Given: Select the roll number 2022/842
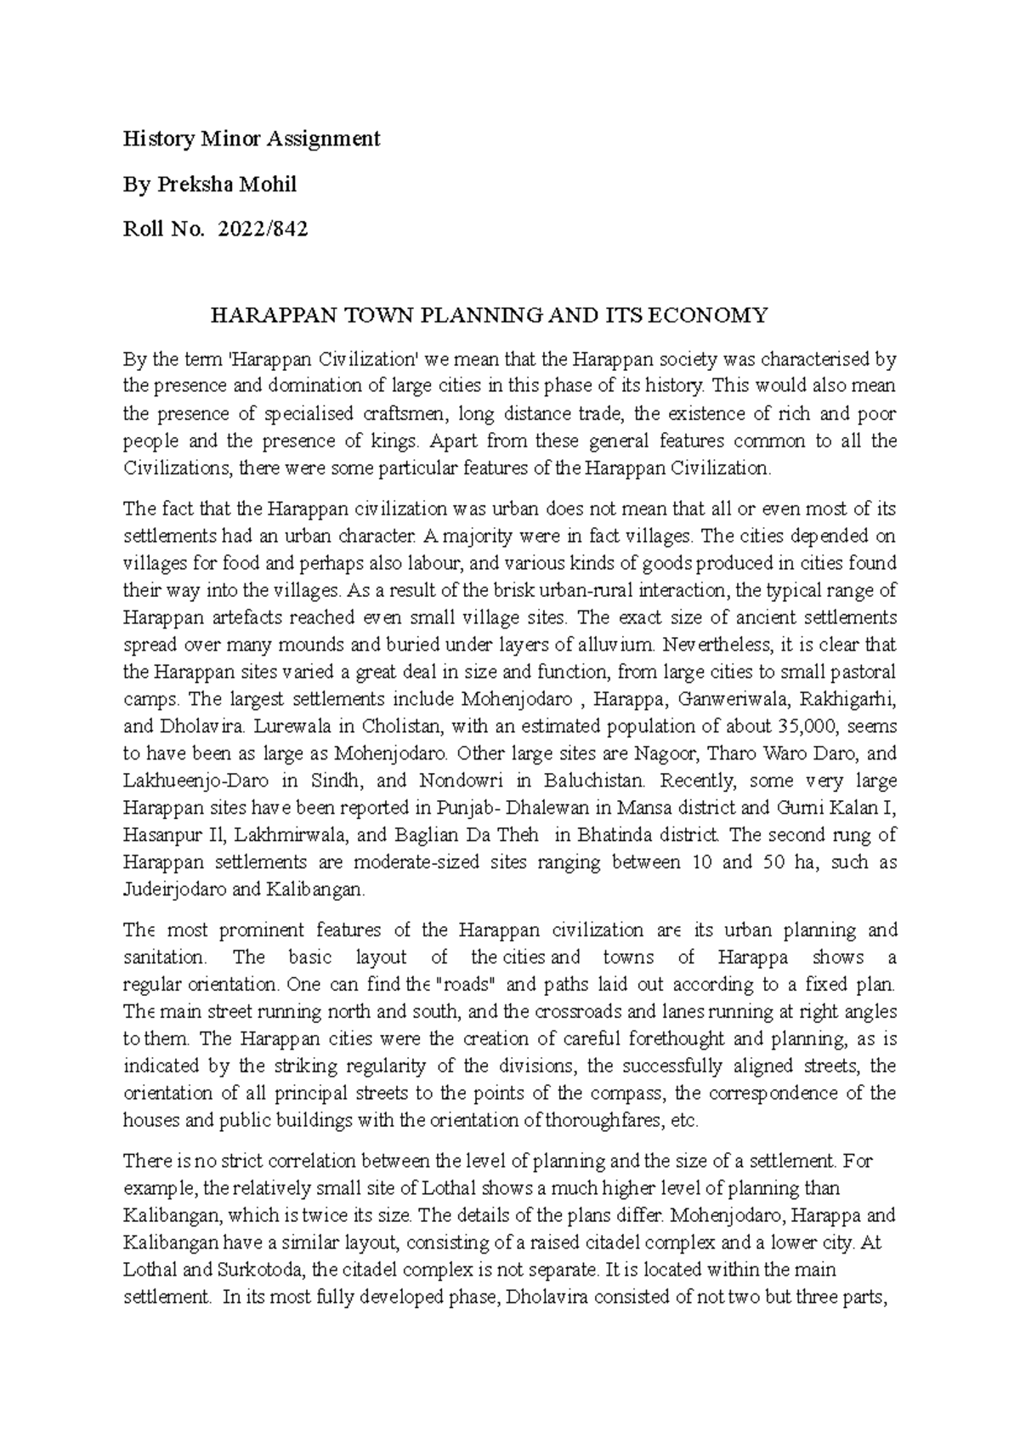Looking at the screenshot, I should point(263,228).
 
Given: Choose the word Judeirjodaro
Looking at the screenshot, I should point(173,890).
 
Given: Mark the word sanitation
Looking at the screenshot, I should point(164,958).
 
